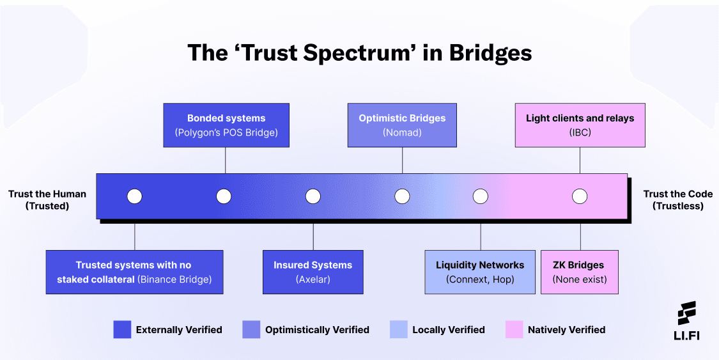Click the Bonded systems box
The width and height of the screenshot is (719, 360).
pos(226,125)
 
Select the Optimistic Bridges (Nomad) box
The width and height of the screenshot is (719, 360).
pos(402,125)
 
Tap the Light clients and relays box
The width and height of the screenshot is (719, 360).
pos(580,125)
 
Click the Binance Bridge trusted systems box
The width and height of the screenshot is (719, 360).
pos(134,272)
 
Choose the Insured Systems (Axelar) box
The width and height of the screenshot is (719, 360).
pos(313,272)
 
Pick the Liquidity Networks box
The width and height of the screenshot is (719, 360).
pos(480,272)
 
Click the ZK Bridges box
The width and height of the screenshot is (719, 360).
pos(580,272)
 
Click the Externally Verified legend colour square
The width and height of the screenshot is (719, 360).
pos(122,329)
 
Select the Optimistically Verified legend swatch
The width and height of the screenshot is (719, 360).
pos(251,329)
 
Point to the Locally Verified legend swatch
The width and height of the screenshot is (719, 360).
pos(398,329)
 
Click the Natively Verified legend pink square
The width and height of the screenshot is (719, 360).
pos(514,329)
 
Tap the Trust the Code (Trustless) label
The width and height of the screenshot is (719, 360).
pos(677,200)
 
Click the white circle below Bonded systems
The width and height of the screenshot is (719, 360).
pos(224,196)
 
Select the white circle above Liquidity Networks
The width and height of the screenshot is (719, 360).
pos(480,196)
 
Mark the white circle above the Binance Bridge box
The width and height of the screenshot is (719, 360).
pos(134,196)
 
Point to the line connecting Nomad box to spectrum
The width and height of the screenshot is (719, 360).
pos(402,160)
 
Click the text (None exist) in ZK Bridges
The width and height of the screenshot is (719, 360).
pos(580,279)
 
